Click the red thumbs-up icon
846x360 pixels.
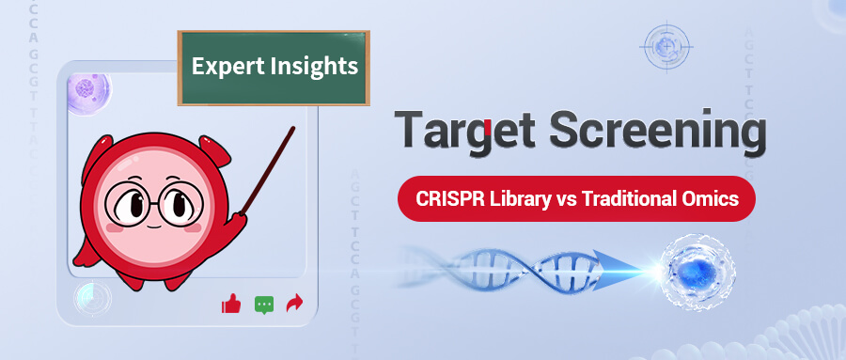coord(231,304)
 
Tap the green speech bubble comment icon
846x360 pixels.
coord(264,305)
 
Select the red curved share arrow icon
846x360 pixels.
coord(294,304)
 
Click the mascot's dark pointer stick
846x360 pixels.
coord(267,170)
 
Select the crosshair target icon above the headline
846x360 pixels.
coord(666,48)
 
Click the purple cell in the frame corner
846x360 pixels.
coord(88,89)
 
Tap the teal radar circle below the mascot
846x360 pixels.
coord(92,298)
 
